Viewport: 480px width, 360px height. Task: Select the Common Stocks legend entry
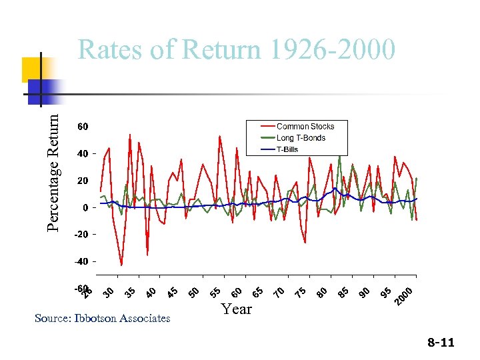(305, 126)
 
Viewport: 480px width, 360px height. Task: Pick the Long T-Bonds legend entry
(301, 138)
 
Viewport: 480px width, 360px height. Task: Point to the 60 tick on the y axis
(83, 126)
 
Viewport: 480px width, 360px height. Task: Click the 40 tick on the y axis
(83, 154)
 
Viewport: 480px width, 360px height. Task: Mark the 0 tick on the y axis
(85, 207)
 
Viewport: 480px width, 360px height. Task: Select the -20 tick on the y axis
(81, 235)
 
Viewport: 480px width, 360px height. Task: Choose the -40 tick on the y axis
(81, 261)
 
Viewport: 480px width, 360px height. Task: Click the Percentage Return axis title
(57, 171)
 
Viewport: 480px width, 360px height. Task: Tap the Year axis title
(237, 309)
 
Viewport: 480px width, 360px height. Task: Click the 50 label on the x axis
(194, 292)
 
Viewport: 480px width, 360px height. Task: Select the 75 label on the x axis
(301, 292)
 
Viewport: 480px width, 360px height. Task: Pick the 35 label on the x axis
(131, 292)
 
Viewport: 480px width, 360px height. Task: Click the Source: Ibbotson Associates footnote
(102, 319)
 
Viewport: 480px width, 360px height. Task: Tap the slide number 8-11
(441, 343)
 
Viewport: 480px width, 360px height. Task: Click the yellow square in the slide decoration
(32, 69)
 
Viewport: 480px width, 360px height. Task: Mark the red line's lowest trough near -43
(121, 265)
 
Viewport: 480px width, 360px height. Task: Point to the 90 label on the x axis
(364, 292)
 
